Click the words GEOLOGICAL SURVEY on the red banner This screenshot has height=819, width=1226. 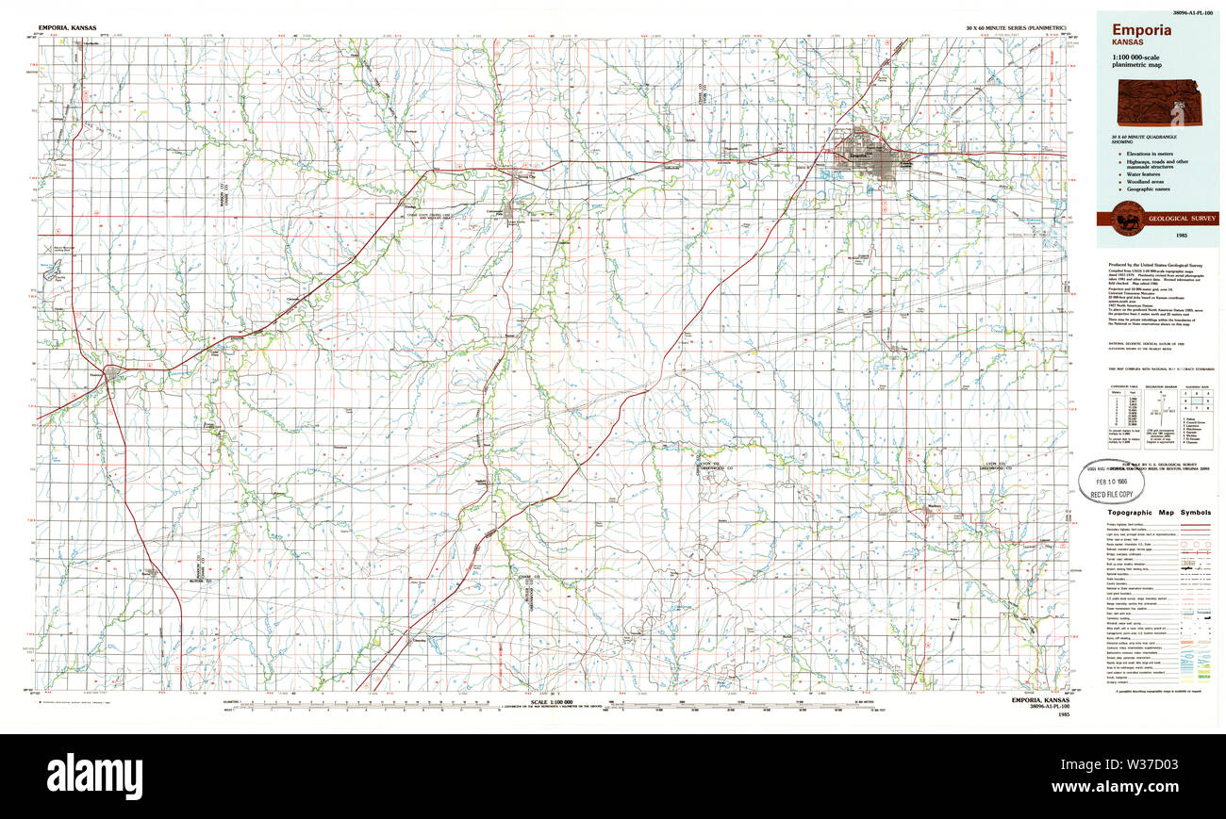(1181, 218)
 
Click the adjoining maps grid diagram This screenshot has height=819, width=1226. (1194, 401)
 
